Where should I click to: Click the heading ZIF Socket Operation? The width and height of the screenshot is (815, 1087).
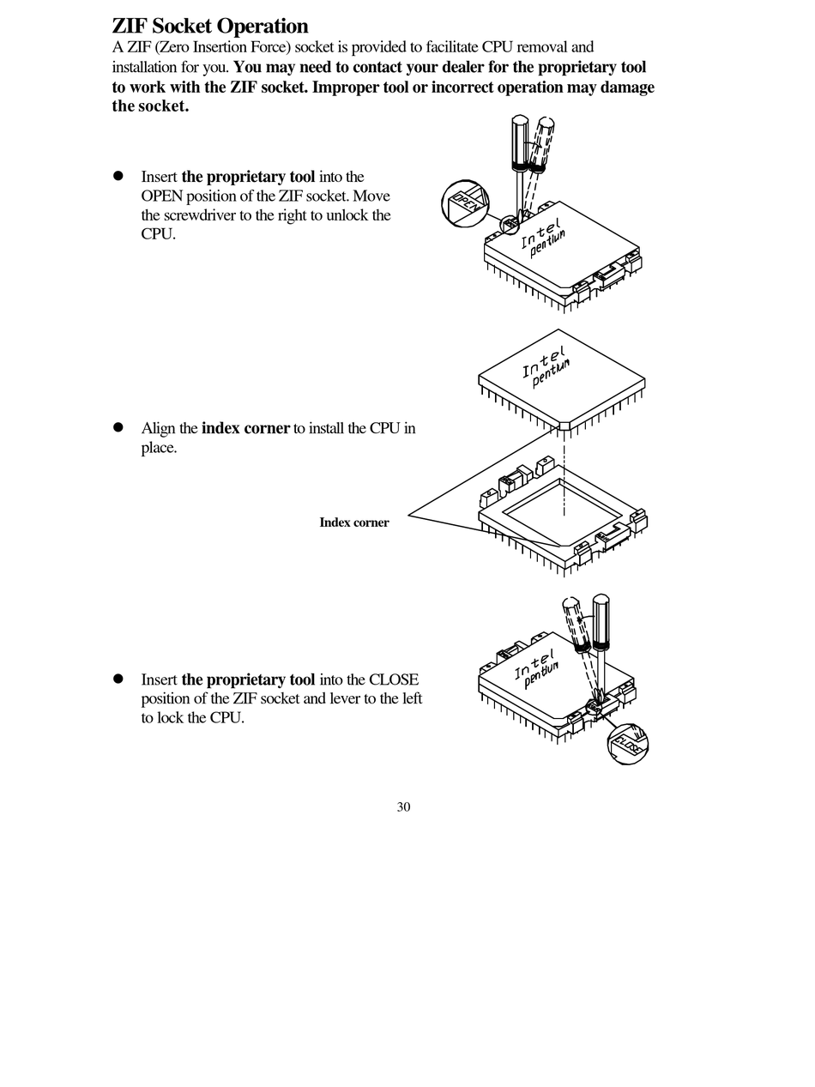(210, 26)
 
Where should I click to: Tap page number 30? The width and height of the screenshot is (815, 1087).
(403, 806)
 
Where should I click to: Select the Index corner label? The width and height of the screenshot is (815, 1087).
(353, 522)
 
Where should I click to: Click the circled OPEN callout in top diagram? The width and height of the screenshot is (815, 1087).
(465, 204)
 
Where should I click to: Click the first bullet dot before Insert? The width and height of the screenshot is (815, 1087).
(119, 176)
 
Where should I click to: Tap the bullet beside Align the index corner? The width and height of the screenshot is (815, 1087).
(119, 427)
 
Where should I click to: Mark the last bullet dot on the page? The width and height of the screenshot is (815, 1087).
(119, 678)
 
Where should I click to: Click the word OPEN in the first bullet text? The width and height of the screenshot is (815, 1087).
(162, 196)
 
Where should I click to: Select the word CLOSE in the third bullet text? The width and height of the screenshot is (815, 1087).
(394, 679)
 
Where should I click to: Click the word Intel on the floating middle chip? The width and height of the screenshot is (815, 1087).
(543, 363)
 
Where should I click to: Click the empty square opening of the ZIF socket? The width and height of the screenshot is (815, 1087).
(562, 513)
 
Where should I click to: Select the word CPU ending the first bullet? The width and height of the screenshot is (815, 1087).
(157, 234)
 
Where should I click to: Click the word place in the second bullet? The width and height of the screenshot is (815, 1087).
(157, 448)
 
